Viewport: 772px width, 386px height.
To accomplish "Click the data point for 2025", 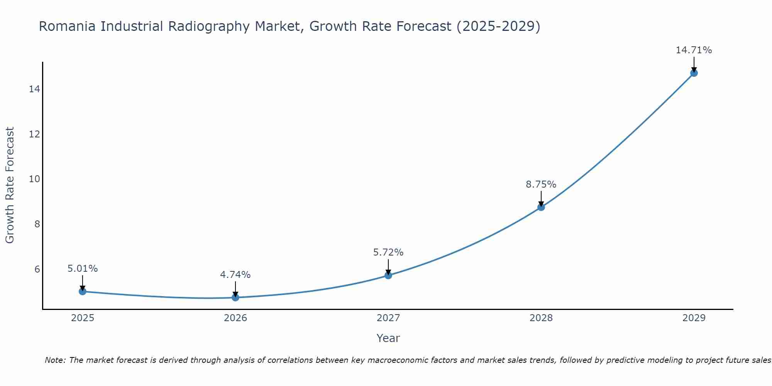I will [x=82, y=291].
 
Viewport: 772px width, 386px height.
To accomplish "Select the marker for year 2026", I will [x=235, y=297].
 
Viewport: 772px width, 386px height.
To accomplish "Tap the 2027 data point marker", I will [x=388, y=275].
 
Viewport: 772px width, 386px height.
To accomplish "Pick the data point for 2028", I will [x=541, y=207].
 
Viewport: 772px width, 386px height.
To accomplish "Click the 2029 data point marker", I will [x=694, y=73].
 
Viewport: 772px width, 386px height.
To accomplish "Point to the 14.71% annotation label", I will [x=694, y=50].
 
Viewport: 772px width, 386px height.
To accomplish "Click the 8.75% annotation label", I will [x=541, y=185].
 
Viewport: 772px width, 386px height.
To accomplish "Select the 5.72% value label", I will [x=388, y=252].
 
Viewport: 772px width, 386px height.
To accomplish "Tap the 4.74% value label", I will [x=235, y=275].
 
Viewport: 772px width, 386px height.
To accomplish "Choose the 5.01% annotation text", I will [x=82, y=269].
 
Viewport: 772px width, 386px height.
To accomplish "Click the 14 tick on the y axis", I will [x=34, y=89].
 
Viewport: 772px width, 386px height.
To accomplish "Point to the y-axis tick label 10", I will [x=34, y=179].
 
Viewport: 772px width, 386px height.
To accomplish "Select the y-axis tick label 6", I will [x=37, y=269].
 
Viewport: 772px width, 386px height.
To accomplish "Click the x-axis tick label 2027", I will [x=388, y=318].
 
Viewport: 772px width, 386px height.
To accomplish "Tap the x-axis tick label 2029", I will [x=694, y=318].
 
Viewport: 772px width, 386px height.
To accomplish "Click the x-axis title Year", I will [x=388, y=338].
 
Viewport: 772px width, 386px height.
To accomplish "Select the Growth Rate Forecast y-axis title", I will [x=10, y=185].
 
